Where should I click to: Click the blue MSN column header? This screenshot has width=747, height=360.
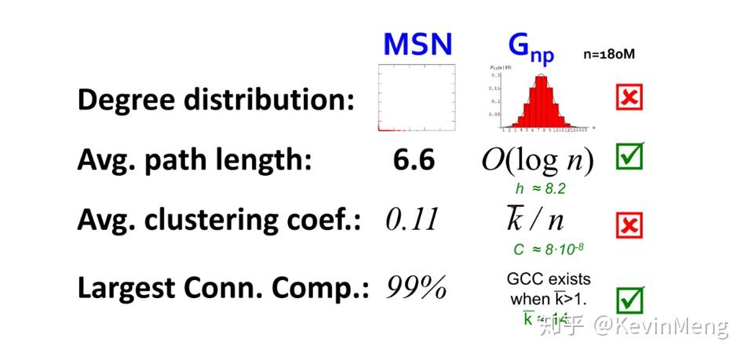417,44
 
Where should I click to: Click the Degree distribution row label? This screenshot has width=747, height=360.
216,101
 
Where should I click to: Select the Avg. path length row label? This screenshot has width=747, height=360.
195,161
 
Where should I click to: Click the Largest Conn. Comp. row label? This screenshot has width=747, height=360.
224,288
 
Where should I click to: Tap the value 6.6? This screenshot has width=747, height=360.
414,161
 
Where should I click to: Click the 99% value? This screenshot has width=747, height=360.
416,288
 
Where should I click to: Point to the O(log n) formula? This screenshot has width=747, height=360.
537,161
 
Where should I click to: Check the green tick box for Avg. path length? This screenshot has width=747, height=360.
629,156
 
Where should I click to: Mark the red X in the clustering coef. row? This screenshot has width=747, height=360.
629,226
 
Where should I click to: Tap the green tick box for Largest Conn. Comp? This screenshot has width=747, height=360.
629,299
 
